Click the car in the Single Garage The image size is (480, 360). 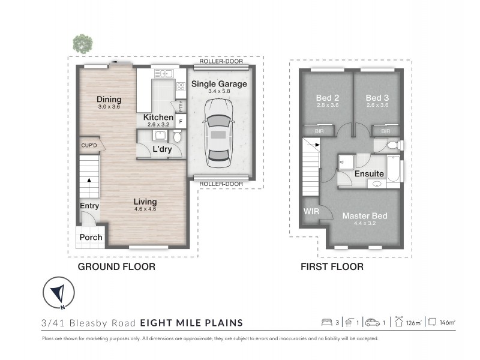[218, 133]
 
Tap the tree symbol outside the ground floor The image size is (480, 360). [83, 44]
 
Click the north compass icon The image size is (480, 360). [58, 293]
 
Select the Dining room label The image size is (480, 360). [109, 99]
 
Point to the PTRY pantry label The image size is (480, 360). [181, 106]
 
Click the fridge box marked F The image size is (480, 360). [181, 122]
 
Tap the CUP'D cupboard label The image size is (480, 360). [89, 145]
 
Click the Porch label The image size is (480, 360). [91, 237]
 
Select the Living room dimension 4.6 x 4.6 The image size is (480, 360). [145, 209]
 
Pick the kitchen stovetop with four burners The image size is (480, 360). [181, 86]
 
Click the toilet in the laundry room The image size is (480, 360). [177, 136]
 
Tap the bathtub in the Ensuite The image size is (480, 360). [393, 169]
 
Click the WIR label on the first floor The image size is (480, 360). [311, 211]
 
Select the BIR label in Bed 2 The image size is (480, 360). [319, 131]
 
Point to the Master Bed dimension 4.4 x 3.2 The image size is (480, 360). [365, 223]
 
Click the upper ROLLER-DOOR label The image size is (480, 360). [221, 61]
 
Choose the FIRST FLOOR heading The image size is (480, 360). [332, 266]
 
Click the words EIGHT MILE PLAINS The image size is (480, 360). [191, 323]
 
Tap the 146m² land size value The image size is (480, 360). [447, 322]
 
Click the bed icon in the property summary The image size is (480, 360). [326, 322]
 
